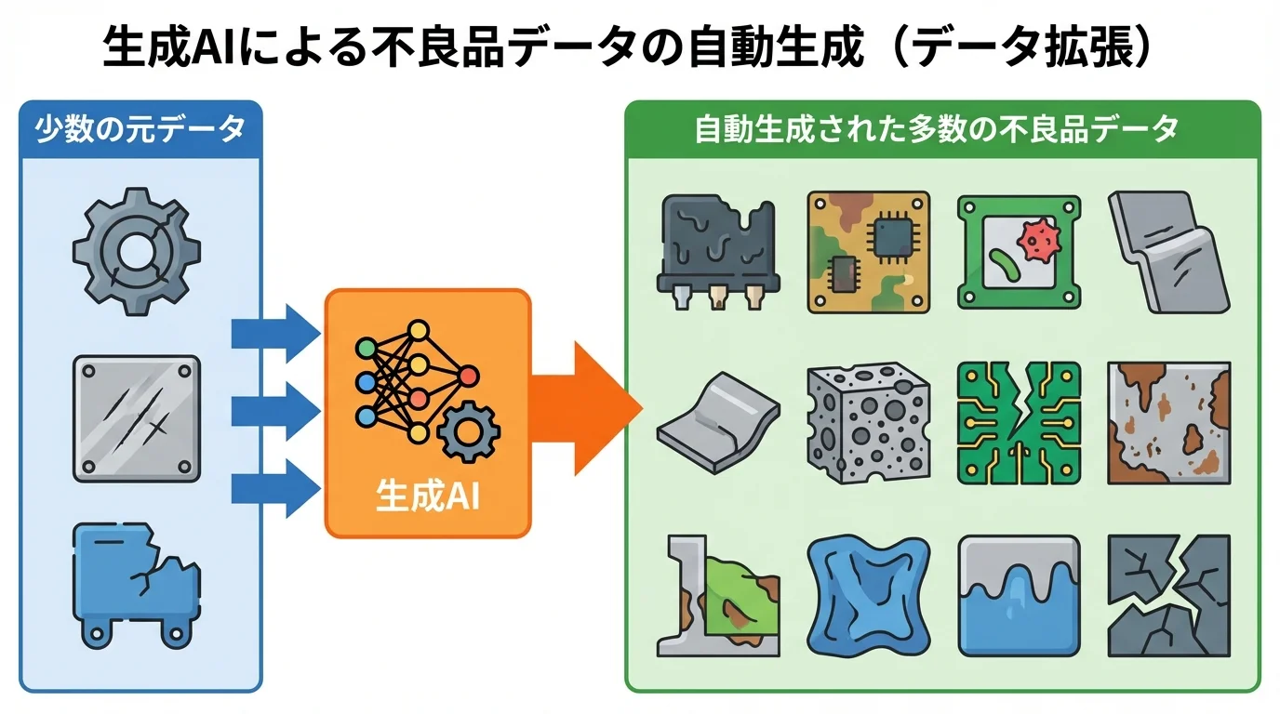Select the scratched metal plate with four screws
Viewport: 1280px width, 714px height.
pos(136,417)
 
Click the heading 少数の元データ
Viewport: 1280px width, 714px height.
pos(140,129)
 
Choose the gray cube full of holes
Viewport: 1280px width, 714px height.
pos(868,419)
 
